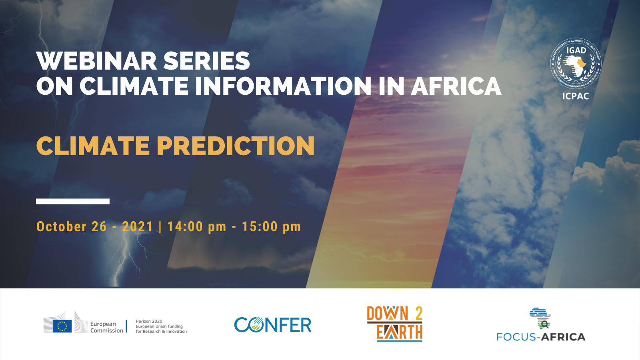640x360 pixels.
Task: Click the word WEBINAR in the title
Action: pyautogui.click(x=96, y=61)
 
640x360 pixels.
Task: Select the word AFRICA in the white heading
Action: pyautogui.click(x=456, y=86)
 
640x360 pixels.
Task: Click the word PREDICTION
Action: pyautogui.click(x=236, y=146)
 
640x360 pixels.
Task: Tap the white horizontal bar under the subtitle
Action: pyautogui.click(x=73, y=201)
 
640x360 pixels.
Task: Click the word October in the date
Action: pyautogui.click(x=62, y=227)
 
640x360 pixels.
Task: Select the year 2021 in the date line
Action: pyautogui.click(x=138, y=227)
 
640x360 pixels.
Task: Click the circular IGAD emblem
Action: pyautogui.click(x=576, y=63)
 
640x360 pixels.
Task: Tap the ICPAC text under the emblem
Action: pyautogui.click(x=576, y=96)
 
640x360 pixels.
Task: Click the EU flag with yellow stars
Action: pyautogui.click(x=62, y=326)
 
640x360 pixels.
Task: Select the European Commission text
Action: pyautogui.click(x=106, y=327)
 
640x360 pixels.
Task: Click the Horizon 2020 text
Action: pyautogui.click(x=149, y=321)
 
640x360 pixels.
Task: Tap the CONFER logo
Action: pyautogui.click(x=273, y=325)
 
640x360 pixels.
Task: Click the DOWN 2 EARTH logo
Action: pyautogui.click(x=395, y=324)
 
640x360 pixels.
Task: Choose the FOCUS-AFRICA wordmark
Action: pyautogui.click(x=541, y=337)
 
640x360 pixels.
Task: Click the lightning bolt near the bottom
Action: pyautogui.click(x=124, y=260)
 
